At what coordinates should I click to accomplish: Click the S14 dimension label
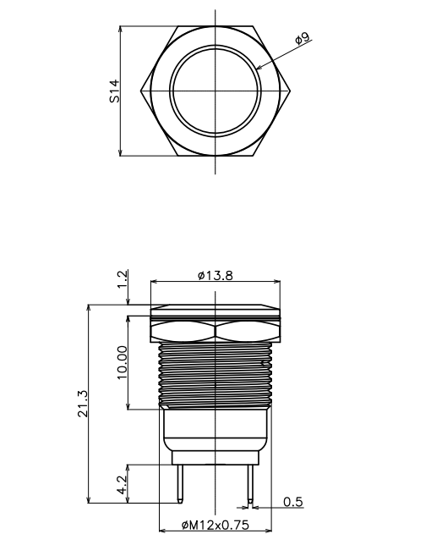(x=115, y=91)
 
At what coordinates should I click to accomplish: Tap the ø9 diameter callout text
(x=303, y=38)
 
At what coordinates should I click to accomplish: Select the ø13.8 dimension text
(x=216, y=275)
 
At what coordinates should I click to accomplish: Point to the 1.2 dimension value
(x=122, y=279)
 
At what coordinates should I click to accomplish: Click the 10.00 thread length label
(x=122, y=362)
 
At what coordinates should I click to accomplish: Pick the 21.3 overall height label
(x=83, y=404)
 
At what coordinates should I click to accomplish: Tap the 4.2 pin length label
(x=122, y=485)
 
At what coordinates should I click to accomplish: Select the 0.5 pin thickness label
(x=293, y=502)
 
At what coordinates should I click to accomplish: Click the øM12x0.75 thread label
(x=216, y=525)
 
